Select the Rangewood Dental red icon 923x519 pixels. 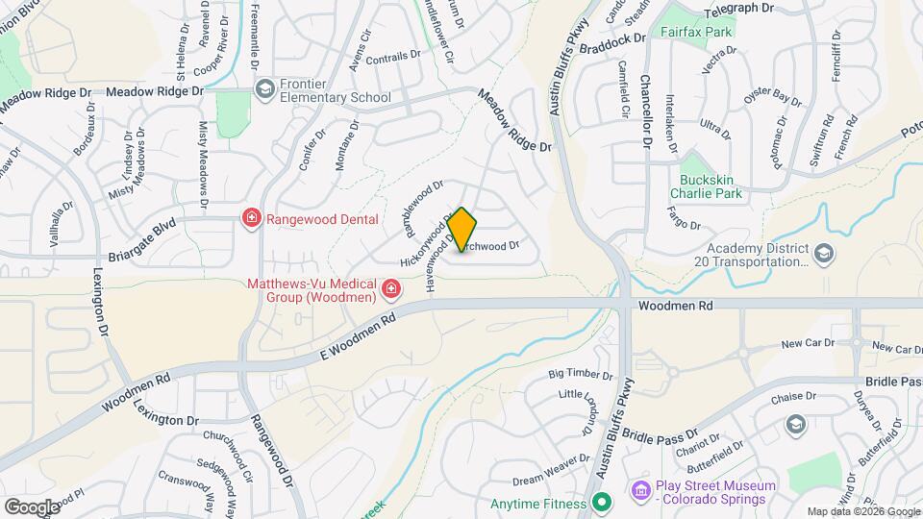[252, 218]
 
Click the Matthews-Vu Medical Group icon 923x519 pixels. [390, 288]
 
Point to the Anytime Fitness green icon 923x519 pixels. [602, 503]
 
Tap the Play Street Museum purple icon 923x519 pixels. [640, 491]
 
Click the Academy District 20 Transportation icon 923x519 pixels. [823, 253]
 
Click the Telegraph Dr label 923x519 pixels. [738, 8]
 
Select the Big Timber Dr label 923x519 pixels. [581, 374]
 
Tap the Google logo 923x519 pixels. [32, 507]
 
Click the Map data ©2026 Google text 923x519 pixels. [863, 511]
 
